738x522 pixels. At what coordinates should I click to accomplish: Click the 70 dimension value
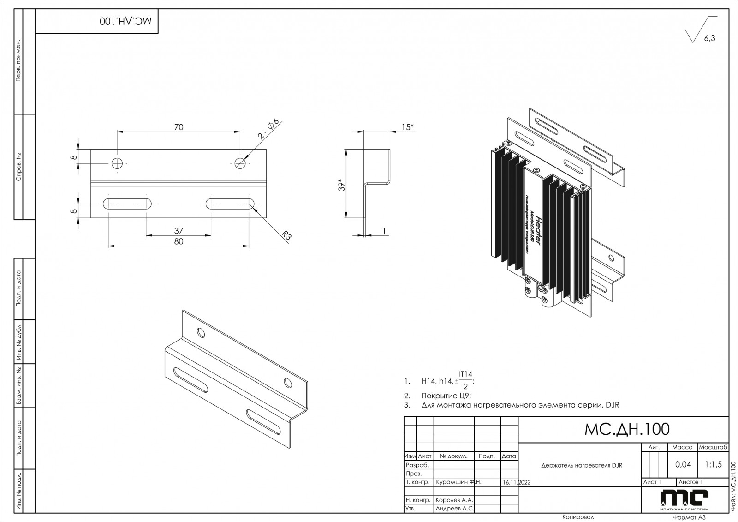[179, 127]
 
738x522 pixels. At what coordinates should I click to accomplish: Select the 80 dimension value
[179, 241]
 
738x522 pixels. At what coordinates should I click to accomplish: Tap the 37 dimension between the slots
[179, 230]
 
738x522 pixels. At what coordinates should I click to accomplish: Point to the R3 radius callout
[287, 235]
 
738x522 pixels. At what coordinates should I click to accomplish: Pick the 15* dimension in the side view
[407, 127]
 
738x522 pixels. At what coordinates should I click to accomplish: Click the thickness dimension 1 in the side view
[384, 231]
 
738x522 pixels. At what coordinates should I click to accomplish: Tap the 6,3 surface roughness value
[709, 39]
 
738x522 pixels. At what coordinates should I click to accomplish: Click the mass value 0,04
[683, 464]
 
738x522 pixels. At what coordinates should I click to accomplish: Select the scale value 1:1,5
[713, 464]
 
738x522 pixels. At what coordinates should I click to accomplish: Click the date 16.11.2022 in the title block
[518, 482]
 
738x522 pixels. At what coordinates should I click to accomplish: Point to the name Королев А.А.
[454, 500]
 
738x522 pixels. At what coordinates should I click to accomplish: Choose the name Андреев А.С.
[454, 508]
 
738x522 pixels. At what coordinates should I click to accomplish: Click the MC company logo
[684, 498]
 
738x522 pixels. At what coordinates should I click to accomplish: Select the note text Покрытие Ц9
[446, 396]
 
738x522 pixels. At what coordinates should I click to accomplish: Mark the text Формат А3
[690, 517]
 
